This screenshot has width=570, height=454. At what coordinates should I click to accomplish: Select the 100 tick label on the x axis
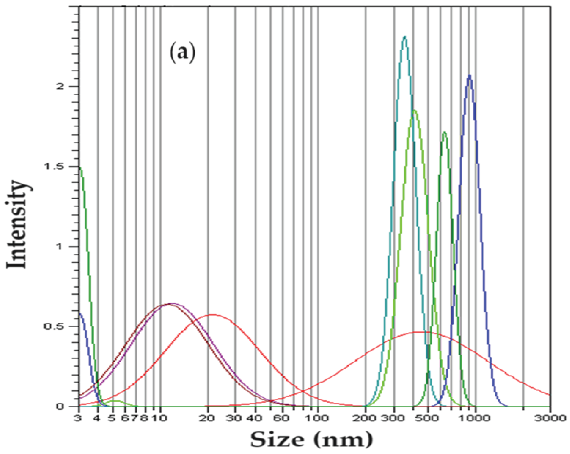point(318,419)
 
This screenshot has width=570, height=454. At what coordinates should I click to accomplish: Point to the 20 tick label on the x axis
point(208,419)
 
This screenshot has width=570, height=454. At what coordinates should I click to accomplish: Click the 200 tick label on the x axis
point(365,419)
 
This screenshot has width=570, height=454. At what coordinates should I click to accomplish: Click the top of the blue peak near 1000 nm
point(469,76)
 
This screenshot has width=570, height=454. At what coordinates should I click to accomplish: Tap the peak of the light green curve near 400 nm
point(414,110)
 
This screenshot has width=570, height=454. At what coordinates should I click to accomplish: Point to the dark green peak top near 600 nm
point(444,132)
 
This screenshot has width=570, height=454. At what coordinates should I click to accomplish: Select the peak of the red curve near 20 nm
point(213,315)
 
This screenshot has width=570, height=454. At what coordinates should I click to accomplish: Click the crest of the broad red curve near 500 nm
point(420,332)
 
